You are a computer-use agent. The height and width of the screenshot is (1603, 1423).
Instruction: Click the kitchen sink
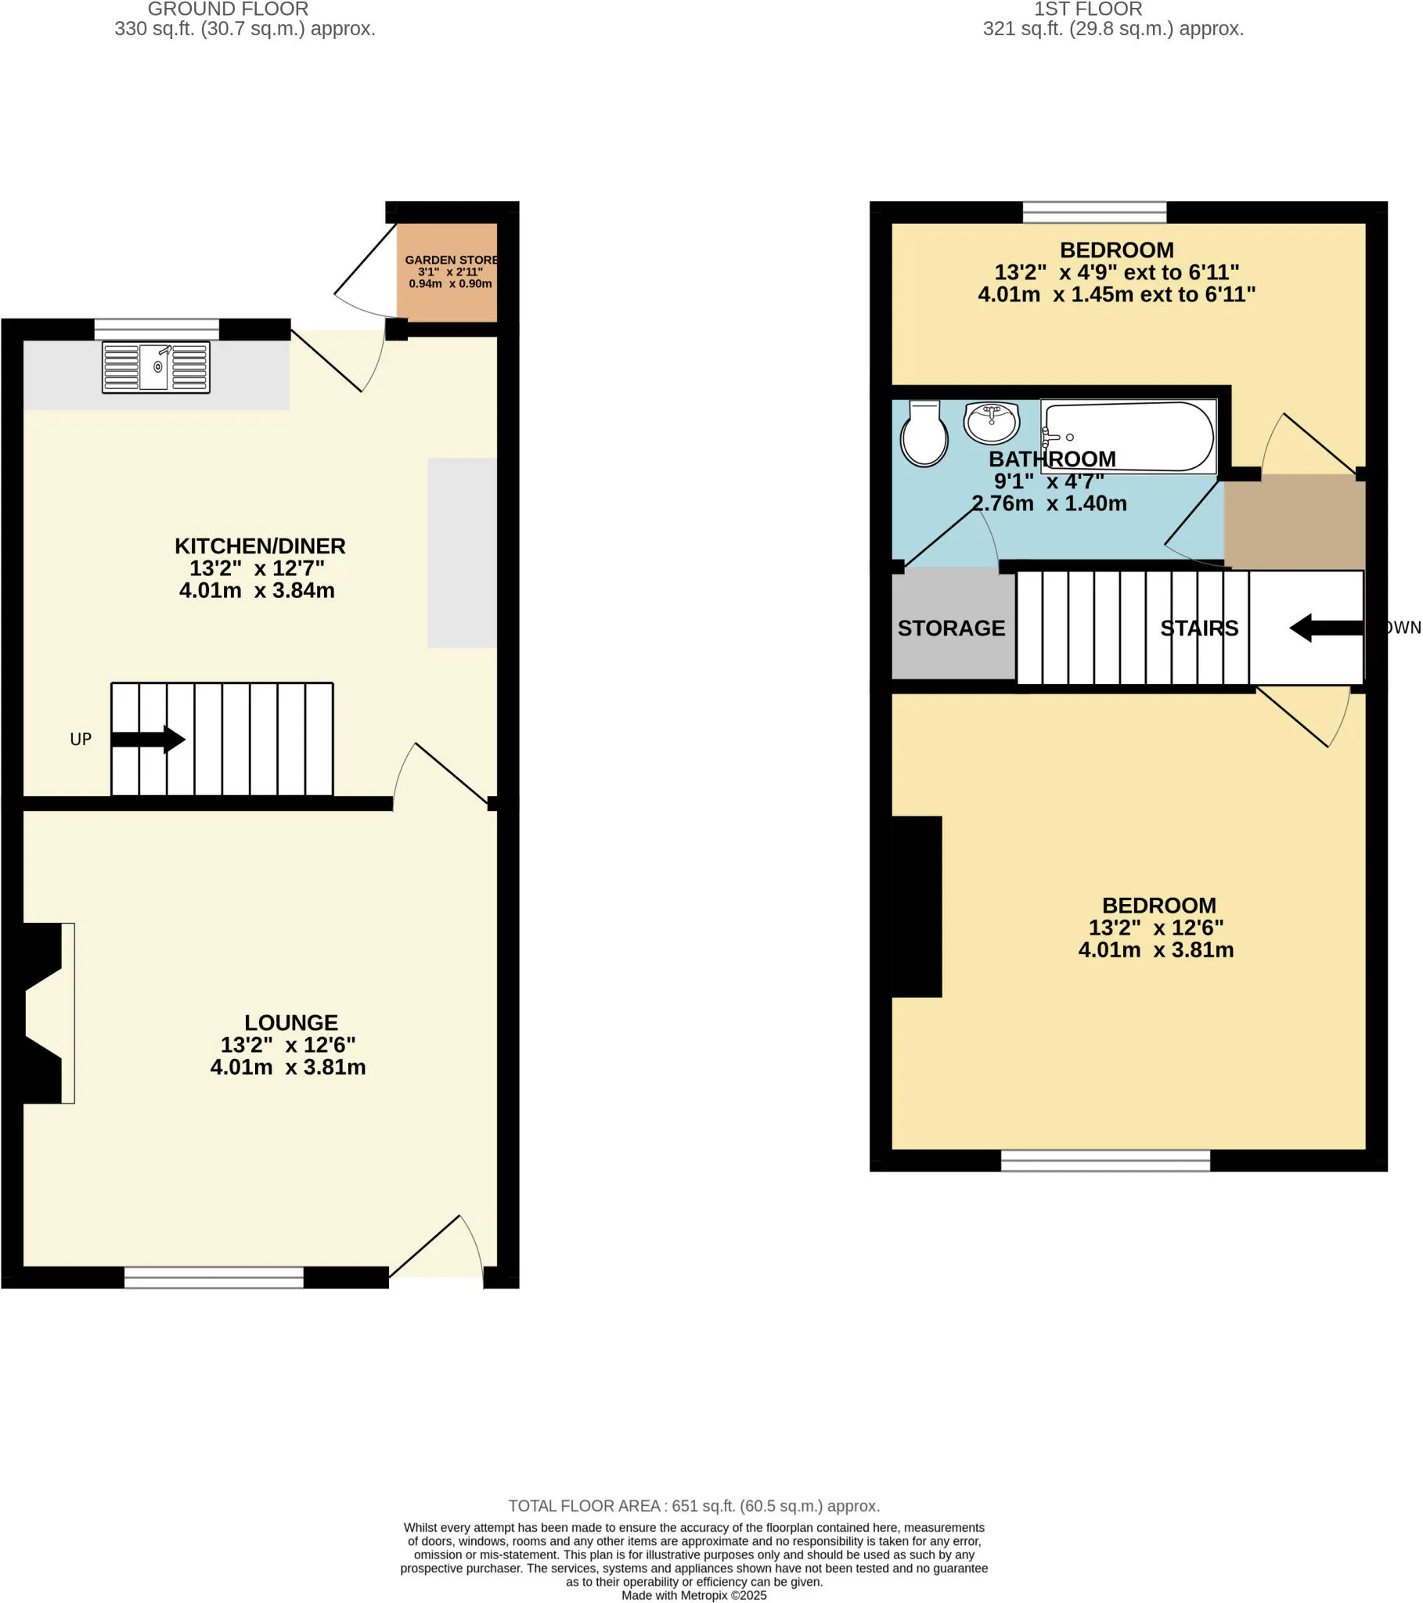pyautogui.click(x=156, y=367)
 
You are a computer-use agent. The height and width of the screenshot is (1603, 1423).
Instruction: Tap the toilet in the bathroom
pyautogui.click(x=924, y=434)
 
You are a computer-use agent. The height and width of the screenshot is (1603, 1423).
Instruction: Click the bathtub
pyautogui.click(x=1129, y=437)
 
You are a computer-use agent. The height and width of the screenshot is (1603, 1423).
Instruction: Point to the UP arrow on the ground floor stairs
pyautogui.click(x=148, y=739)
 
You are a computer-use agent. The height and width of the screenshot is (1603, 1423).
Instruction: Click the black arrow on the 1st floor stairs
pyautogui.click(x=1327, y=628)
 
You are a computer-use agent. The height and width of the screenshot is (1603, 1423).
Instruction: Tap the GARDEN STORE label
pyautogui.click(x=451, y=260)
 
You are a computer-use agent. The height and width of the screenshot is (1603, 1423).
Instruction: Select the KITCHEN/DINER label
pyautogui.click(x=260, y=546)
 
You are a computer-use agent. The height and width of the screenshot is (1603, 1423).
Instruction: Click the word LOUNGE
pyautogui.click(x=291, y=1023)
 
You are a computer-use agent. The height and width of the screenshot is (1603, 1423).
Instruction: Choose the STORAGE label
pyautogui.click(x=952, y=629)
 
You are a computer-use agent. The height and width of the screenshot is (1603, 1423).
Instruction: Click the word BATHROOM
pyautogui.click(x=1052, y=459)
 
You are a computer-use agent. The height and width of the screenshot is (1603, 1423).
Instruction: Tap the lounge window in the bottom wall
pyautogui.click(x=214, y=1277)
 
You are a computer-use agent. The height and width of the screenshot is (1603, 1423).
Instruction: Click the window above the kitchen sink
pyautogui.click(x=157, y=330)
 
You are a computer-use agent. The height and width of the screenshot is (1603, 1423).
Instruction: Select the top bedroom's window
pyautogui.click(x=1094, y=213)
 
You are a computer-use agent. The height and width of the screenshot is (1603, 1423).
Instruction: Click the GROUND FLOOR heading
pyautogui.click(x=229, y=9)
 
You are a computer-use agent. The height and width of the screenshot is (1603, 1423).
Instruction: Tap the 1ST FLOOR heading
pyautogui.click(x=1088, y=9)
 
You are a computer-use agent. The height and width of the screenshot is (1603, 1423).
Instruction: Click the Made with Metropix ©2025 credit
pyautogui.click(x=694, y=1595)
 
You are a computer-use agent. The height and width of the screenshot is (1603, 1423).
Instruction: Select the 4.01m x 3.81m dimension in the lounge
pyautogui.click(x=288, y=1068)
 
